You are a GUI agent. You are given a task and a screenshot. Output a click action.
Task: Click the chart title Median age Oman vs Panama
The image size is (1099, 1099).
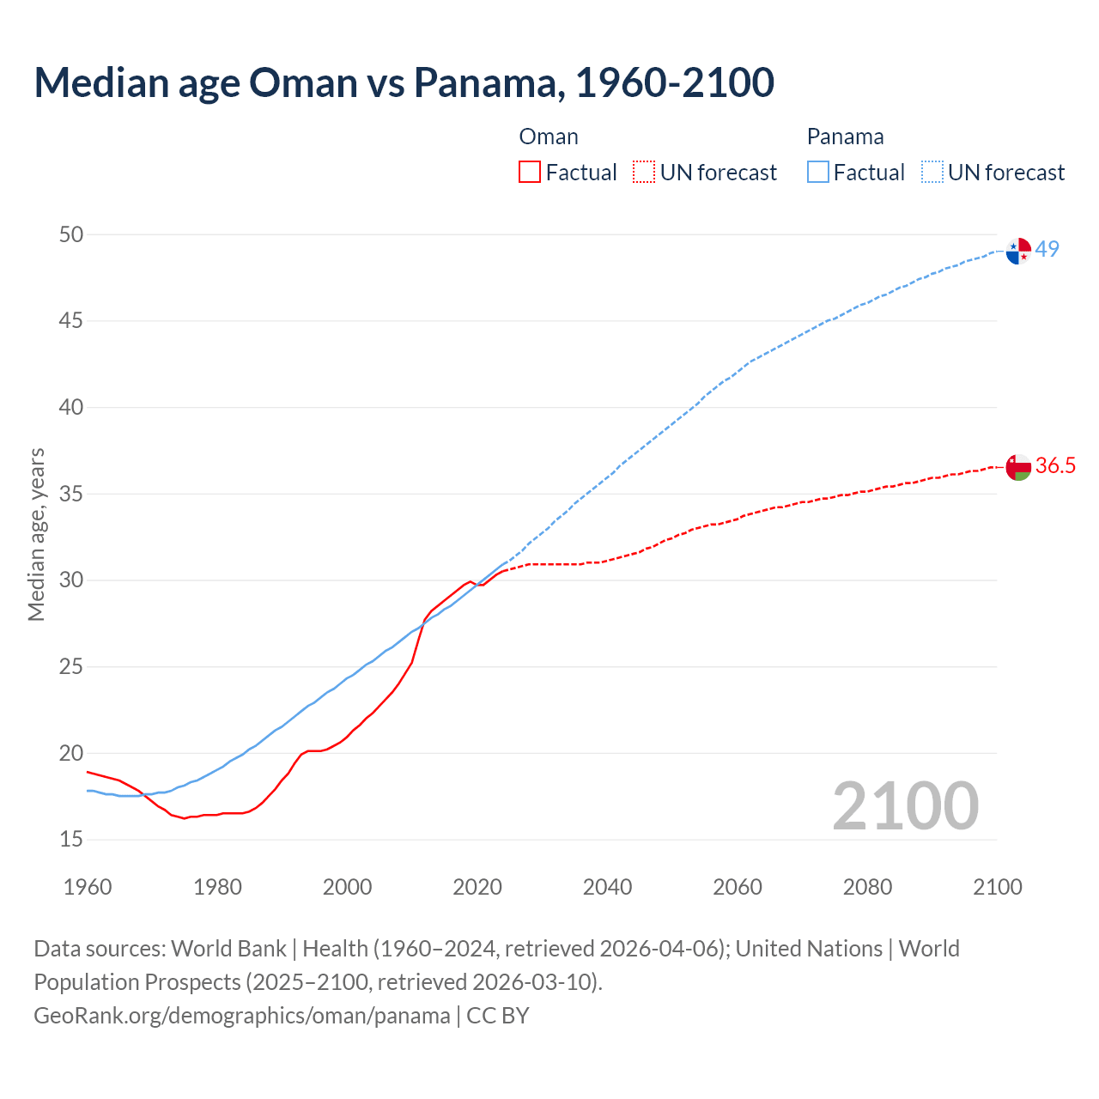[x=404, y=82]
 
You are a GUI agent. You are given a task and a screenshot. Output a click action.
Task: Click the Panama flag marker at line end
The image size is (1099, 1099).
[x=1018, y=251]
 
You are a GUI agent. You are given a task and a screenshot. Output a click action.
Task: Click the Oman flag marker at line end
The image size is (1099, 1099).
[x=1018, y=467]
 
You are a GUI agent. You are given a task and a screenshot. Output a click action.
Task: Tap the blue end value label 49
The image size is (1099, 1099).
[x=1047, y=249]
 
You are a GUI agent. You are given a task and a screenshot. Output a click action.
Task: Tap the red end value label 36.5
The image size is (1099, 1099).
[x=1055, y=465]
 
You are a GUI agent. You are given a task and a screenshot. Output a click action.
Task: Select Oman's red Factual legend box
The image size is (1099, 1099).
[x=530, y=173]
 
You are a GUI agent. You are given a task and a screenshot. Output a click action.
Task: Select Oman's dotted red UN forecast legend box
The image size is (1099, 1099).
[x=644, y=173]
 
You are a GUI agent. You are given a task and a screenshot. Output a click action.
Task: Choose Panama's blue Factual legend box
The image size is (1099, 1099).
[x=818, y=173]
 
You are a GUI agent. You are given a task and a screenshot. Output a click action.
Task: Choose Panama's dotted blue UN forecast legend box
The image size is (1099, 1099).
[x=932, y=173]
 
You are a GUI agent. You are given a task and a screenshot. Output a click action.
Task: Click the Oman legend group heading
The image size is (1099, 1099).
[x=549, y=137]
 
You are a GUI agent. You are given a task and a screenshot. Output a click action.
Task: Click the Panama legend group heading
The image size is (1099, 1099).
[x=845, y=137]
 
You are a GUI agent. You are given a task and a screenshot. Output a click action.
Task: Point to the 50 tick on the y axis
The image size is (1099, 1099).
[x=71, y=234]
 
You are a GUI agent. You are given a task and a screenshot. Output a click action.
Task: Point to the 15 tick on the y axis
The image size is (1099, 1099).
[x=71, y=839]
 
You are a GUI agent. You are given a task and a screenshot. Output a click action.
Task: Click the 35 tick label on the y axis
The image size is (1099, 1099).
[x=71, y=494]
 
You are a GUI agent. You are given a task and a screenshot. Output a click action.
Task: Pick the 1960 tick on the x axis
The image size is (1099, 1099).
[x=88, y=887]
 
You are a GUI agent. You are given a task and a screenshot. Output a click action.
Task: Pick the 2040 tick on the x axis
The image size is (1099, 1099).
[x=607, y=887]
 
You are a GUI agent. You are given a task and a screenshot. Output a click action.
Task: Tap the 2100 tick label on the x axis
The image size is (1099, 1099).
[x=998, y=887]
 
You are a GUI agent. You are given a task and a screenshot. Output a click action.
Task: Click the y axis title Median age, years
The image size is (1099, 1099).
[x=36, y=534]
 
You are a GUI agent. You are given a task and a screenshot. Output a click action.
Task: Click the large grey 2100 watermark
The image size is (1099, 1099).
[x=905, y=805]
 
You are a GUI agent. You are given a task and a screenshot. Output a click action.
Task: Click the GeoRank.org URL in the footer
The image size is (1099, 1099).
[x=241, y=1016]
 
